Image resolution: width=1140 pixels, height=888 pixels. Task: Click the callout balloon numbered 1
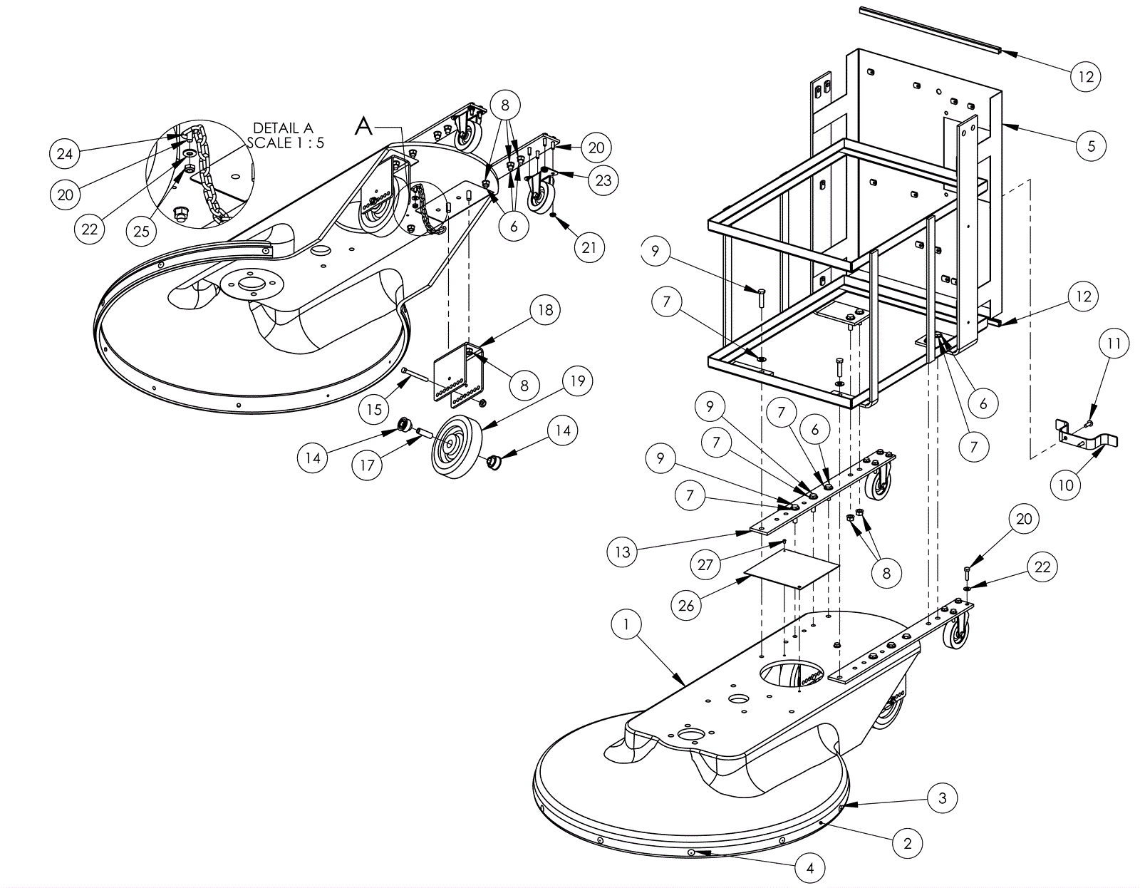pyautogui.click(x=626, y=624)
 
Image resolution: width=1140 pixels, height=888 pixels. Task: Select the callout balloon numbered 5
pyautogui.click(x=1092, y=146)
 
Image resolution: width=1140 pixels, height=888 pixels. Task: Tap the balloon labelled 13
pyautogui.click(x=622, y=552)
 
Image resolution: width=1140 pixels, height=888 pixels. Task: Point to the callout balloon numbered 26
pyautogui.click(x=686, y=606)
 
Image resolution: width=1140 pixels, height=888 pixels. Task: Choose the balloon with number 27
pyautogui.click(x=705, y=564)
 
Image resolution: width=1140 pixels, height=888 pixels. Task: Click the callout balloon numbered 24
pyautogui.click(x=65, y=154)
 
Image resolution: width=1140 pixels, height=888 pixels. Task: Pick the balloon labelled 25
pyautogui.click(x=142, y=231)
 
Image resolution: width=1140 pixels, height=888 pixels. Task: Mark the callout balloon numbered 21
pyautogui.click(x=589, y=247)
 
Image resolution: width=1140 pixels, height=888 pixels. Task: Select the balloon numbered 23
pyautogui.click(x=603, y=180)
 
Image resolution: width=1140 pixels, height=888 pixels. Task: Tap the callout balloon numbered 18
pyautogui.click(x=546, y=310)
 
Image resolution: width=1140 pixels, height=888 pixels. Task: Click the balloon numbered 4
pyautogui.click(x=809, y=868)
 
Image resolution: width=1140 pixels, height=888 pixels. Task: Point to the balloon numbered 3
pyautogui.click(x=942, y=798)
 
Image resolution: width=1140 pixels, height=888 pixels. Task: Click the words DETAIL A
pyautogui.click(x=284, y=128)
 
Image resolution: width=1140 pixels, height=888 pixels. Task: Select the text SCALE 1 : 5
pyautogui.click(x=286, y=143)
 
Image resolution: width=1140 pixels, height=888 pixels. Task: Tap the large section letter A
pyautogui.click(x=364, y=126)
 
